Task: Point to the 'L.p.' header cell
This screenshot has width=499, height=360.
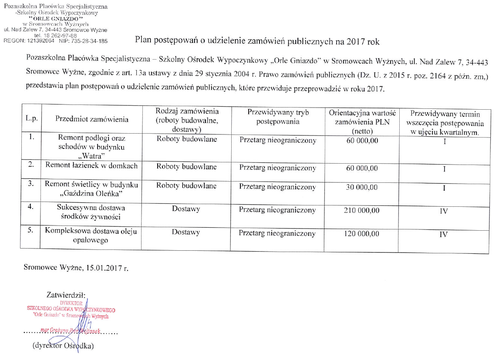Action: point(30,119)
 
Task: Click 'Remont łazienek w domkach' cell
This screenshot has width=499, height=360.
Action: point(91,166)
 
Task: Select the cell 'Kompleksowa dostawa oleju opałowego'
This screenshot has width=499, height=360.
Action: point(91,236)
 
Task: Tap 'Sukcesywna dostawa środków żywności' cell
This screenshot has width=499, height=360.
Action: point(91,212)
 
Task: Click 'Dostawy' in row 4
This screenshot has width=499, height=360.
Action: point(186,209)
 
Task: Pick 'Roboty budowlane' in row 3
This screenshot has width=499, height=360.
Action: point(186,186)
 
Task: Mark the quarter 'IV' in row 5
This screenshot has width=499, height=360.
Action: point(444,234)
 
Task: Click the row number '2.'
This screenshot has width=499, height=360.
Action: point(30,165)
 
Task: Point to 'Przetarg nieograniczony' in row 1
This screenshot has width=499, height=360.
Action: point(277,141)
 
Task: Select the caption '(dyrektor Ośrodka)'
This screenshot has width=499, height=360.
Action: point(63,346)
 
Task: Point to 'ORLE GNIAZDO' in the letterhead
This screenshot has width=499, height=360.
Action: point(56,19)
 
